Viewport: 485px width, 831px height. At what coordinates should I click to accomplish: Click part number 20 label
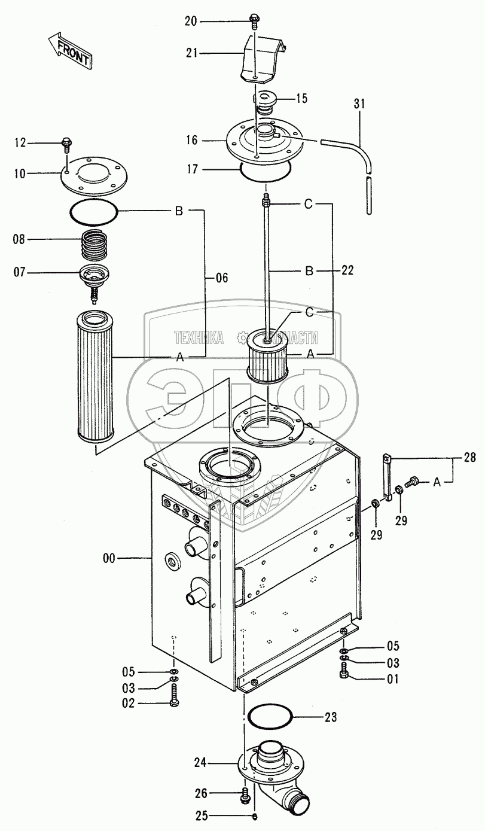(x=191, y=21)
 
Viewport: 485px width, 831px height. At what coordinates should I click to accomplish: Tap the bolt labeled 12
(x=66, y=143)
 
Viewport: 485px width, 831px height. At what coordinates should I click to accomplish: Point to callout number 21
(x=191, y=54)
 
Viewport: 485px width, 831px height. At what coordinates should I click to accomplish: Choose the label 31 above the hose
(x=359, y=104)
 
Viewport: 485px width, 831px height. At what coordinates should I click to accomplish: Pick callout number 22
(x=348, y=270)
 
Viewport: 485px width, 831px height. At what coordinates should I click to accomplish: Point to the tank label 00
(x=109, y=558)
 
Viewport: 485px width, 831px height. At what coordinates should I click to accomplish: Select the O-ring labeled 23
(x=270, y=716)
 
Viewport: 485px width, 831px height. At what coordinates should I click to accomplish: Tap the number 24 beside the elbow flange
(x=200, y=763)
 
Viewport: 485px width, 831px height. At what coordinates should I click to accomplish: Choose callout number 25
(x=200, y=817)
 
